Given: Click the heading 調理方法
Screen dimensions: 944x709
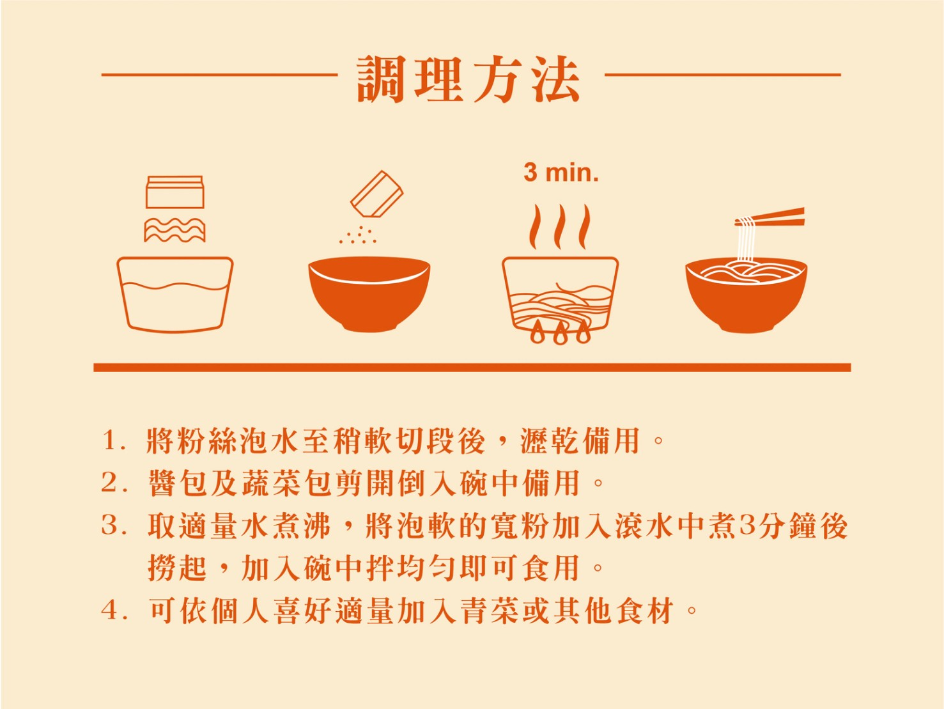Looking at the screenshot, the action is [x=468, y=79].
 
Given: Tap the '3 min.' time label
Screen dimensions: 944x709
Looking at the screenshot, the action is [x=561, y=173].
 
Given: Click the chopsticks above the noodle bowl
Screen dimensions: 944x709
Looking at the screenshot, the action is [x=770, y=218].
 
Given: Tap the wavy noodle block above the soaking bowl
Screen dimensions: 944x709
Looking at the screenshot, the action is [x=174, y=230].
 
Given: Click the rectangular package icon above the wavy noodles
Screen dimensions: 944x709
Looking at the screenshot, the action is [x=174, y=192].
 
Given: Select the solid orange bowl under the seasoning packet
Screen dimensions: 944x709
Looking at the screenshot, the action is [x=369, y=294].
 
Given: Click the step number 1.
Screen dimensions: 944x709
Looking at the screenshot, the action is [x=111, y=440].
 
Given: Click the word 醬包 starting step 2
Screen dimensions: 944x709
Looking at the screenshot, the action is [x=178, y=483].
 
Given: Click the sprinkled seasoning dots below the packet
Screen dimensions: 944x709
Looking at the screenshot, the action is [x=358, y=235].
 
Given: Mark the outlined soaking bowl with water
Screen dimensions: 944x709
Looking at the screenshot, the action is [x=175, y=295].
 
